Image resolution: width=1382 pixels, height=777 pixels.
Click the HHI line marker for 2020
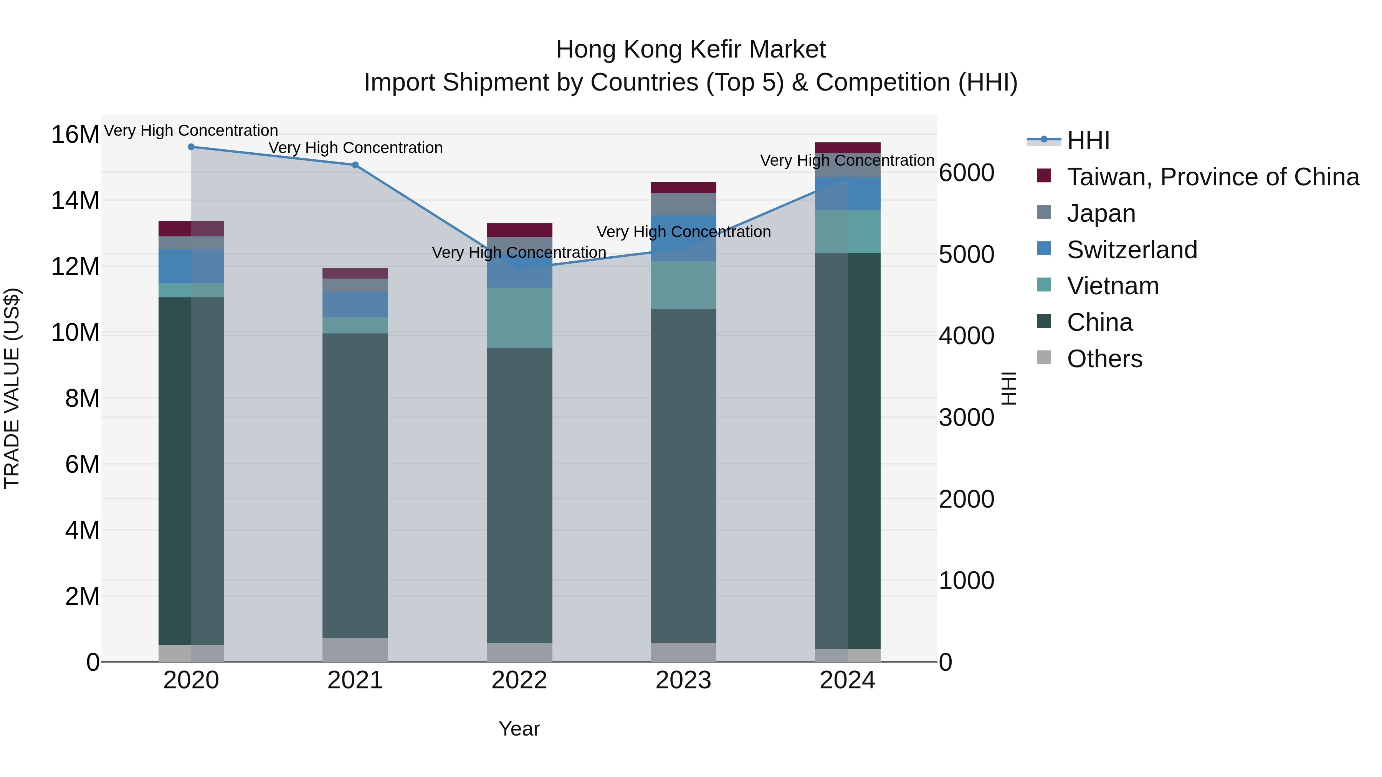[191, 147]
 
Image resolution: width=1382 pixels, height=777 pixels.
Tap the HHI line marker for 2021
[355, 165]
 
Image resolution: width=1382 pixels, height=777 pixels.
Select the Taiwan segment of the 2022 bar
[519, 230]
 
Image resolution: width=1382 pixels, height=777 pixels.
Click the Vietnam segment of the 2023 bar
[683, 285]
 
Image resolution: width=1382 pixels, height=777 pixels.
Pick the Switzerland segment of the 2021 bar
[355, 304]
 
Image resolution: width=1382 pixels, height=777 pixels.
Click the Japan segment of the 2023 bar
[683, 204]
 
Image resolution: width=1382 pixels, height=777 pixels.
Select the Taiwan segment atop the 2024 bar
[848, 147]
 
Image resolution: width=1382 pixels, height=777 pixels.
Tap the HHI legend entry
[1088, 140]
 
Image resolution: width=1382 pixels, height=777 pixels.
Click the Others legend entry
[1104, 359]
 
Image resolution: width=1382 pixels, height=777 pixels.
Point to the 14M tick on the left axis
[75, 201]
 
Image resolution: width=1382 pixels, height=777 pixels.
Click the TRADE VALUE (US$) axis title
[12, 388]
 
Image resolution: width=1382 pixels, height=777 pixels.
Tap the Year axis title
[519, 729]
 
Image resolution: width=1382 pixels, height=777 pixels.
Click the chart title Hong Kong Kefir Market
[691, 49]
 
